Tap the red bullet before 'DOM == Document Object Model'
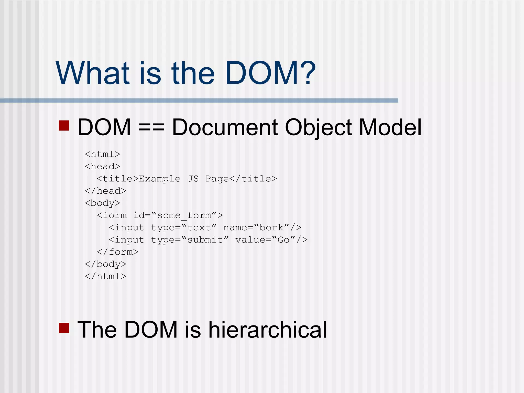[64, 126]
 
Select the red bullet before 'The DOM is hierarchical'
[64, 328]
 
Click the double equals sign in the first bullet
[151, 127]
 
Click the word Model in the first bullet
[390, 127]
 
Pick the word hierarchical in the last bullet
[268, 330]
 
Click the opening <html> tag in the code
[102, 154]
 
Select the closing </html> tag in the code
[105, 276]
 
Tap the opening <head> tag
[102, 167]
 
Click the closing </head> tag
[105, 191]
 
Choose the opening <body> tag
[102, 203]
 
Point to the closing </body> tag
[105, 264]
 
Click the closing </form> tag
[117, 252]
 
